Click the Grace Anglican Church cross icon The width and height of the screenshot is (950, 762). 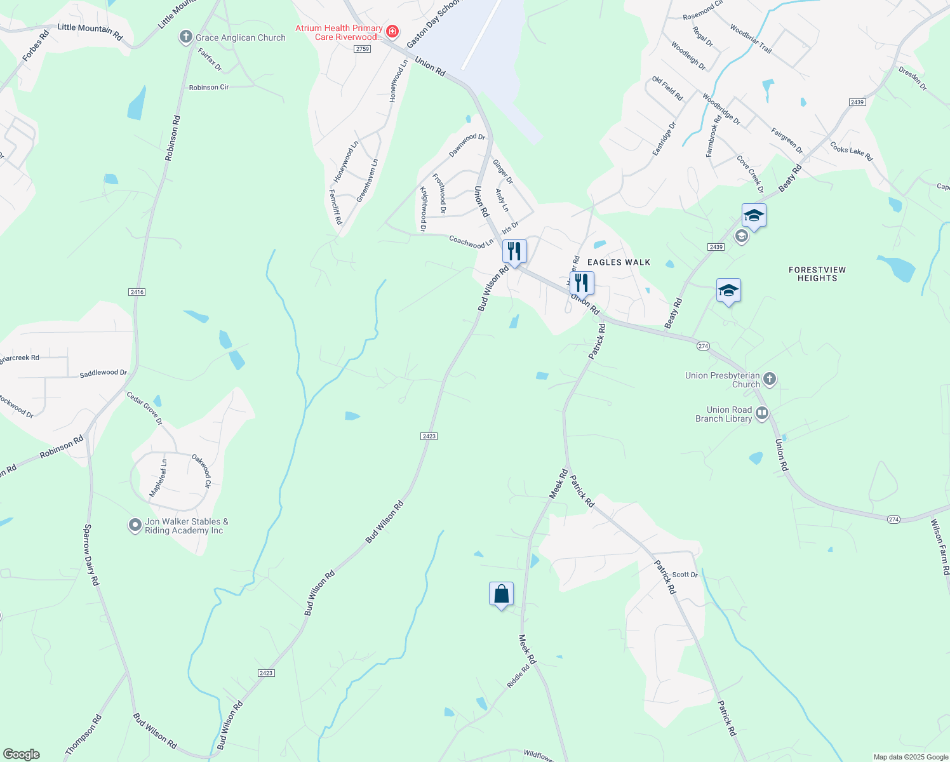185,37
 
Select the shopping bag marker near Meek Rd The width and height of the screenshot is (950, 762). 501,594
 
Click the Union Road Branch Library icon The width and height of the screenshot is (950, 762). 762,414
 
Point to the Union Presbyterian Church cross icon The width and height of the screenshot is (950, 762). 770,380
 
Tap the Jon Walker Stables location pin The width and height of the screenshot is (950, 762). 135,526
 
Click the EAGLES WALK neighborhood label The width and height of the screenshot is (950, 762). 619,262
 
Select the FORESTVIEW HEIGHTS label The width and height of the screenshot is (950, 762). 817,274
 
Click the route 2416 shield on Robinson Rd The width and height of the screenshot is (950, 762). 137,292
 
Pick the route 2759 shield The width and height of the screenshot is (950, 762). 363,49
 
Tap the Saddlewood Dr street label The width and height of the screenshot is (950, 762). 103,373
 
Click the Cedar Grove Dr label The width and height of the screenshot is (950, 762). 144,408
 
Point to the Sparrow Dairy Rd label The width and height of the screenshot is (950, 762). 91,555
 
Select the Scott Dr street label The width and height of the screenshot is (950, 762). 685,575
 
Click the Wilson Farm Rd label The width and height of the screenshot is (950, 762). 940,547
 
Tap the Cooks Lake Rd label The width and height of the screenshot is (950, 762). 851,151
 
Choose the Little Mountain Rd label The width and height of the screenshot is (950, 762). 90,32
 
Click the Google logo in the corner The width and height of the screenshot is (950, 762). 22,754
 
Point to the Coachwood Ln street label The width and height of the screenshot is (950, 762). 471,242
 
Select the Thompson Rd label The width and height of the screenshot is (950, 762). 83,735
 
